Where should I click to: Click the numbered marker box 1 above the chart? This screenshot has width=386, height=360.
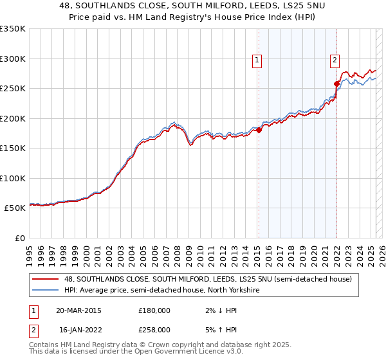pyautogui.click(x=257, y=60)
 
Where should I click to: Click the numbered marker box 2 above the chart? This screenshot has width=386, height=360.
pyautogui.click(x=335, y=60)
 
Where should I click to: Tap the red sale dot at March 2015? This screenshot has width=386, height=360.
pyautogui.click(x=259, y=130)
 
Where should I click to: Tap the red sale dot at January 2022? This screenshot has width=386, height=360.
pyautogui.click(x=336, y=84)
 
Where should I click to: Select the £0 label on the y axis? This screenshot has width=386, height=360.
pyautogui.click(x=19, y=238)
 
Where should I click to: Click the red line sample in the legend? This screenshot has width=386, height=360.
pyautogui.click(x=45, y=280)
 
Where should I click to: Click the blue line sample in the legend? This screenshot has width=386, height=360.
pyautogui.click(x=45, y=291)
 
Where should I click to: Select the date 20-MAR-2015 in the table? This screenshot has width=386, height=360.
pyautogui.click(x=78, y=310)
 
